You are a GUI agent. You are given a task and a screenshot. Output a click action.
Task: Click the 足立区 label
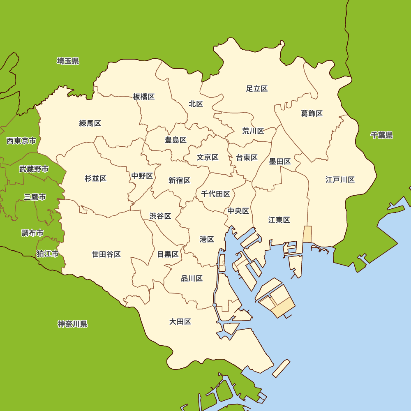257,88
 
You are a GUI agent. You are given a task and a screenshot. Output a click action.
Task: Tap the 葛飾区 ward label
312,113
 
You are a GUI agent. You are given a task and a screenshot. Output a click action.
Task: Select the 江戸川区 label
340,180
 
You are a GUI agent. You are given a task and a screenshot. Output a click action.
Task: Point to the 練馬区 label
90,123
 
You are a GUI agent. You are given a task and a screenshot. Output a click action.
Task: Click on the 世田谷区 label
106,254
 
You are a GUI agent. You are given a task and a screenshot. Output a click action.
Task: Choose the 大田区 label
180,321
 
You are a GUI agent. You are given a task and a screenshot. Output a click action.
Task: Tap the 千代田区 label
215,194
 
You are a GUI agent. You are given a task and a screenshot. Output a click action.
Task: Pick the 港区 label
207,239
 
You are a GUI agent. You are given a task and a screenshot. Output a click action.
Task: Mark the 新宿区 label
179,180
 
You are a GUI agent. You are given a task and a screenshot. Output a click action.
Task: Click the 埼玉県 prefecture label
68,61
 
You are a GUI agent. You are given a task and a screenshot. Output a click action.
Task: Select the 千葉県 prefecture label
381,135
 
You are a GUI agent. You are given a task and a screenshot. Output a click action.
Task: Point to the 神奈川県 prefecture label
72,324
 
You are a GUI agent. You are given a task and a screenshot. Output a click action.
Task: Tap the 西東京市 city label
21,141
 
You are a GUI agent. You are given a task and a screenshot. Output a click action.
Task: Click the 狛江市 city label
47,254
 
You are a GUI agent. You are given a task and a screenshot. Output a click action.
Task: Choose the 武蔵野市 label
34,169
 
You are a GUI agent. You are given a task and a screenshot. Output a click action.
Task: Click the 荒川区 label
253,131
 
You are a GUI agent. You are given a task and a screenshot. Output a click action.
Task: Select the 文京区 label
207,157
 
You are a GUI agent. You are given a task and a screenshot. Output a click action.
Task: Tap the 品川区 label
192,279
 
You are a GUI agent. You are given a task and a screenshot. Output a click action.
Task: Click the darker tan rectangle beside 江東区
307,234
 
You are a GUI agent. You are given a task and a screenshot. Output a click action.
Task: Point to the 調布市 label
32,233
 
